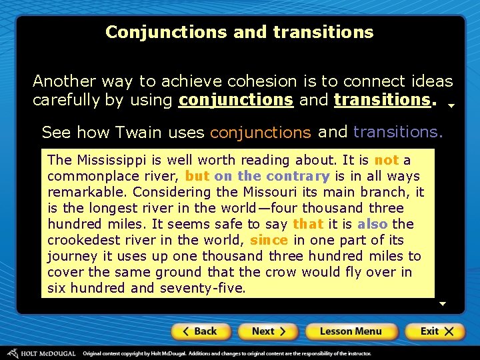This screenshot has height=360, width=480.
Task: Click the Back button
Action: (x=201, y=331)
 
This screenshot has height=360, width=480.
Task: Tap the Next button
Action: (x=268, y=331)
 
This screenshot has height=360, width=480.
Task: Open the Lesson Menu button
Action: (x=351, y=331)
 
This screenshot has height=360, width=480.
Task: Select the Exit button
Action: (x=434, y=331)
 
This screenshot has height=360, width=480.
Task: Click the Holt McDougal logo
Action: (x=41, y=353)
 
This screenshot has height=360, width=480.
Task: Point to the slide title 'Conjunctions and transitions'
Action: (x=239, y=32)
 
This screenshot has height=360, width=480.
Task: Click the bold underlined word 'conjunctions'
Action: (x=236, y=100)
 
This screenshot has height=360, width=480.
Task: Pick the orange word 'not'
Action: (x=387, y=160)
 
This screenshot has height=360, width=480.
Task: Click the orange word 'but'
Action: (x=197, y=176)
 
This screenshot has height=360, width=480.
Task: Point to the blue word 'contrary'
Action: (x=298, y=176)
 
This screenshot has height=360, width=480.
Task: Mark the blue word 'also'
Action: (x=372, y=224)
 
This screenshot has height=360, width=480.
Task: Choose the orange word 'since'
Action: (x=269, y=240)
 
